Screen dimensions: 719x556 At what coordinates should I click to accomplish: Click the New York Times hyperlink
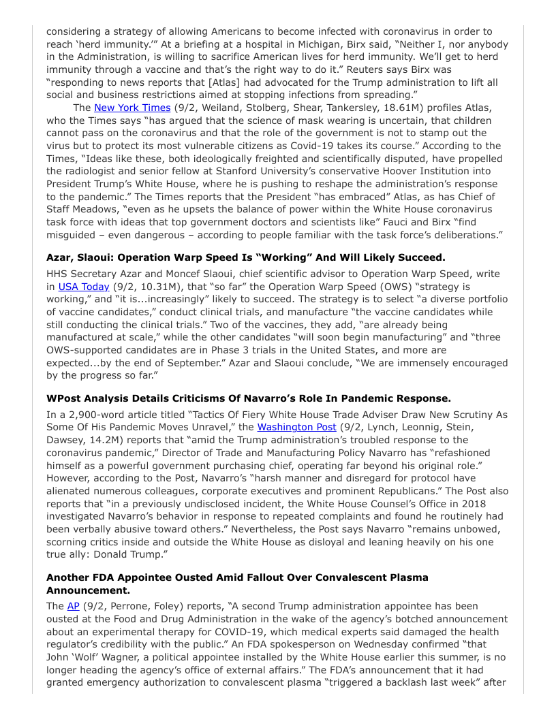coord(132,108)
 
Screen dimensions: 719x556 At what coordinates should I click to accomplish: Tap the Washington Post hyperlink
coord(296,427)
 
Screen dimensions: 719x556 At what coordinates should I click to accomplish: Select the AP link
coord(73,606)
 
